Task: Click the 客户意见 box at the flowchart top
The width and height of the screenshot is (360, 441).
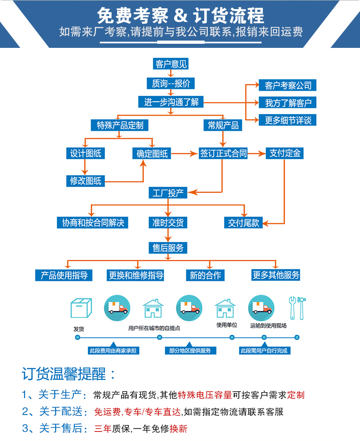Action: pos(171,64)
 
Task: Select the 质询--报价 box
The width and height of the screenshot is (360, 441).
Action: pos(171,83)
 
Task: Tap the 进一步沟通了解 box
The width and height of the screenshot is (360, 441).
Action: pos(171,102)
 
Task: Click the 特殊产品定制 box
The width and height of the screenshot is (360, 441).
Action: pos(120,125)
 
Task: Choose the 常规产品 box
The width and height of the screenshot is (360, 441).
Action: pos(223,125)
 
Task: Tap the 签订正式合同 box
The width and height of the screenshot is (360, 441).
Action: pos(223,154)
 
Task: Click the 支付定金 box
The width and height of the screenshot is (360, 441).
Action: pos(285,154)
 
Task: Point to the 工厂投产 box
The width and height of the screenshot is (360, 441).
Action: pos(168,193)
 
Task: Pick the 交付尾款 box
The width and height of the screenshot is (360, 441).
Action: pos(244,223)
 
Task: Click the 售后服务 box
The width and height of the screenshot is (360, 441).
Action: pos(168,248)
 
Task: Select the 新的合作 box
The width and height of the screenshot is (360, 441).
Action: pos(205,275)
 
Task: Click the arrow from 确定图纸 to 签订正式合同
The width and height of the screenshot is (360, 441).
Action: pos(185,154)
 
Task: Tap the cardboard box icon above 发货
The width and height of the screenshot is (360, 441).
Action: pos(81,308)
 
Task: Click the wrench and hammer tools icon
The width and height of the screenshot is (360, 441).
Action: pos(297,307)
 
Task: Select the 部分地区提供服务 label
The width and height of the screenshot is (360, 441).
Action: pos(190,350)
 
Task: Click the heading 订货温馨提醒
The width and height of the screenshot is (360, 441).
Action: pos(68,374)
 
